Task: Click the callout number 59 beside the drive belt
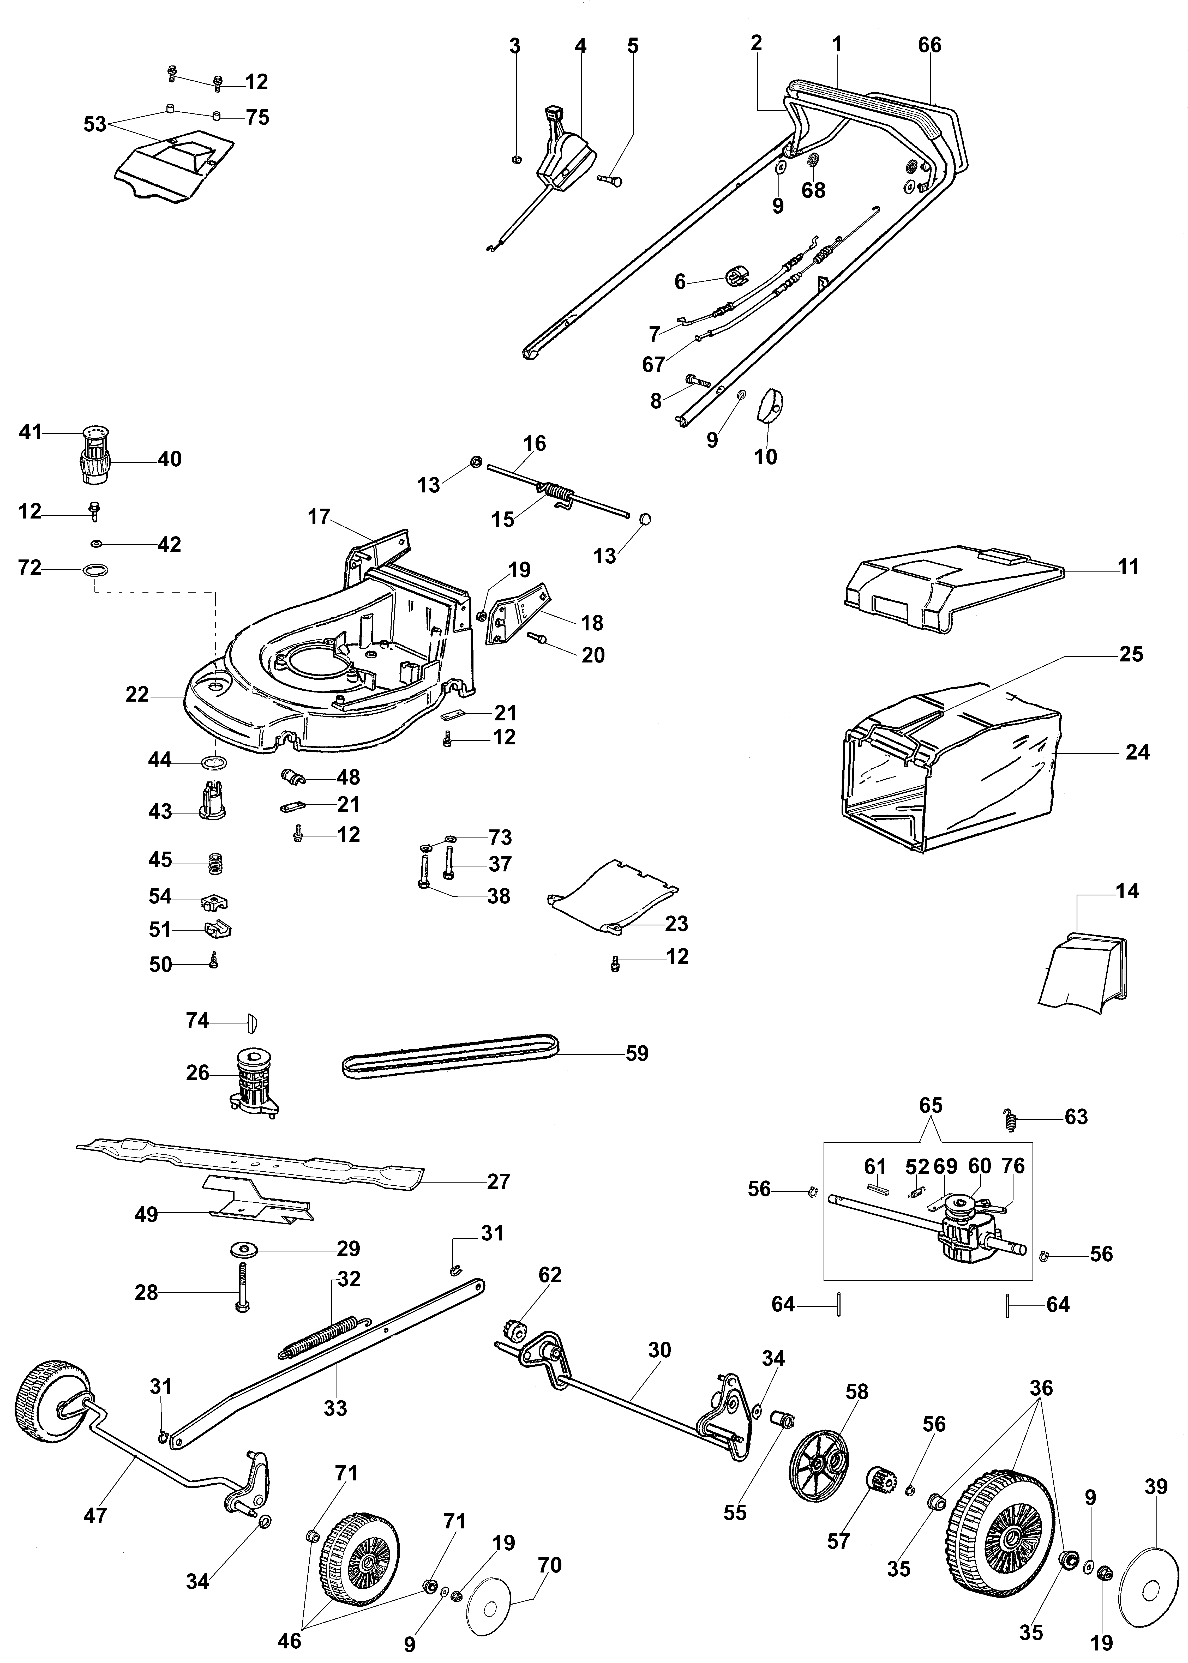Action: [637, 1054]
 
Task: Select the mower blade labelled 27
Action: [249, 1162]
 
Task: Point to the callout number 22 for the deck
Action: [137, 694]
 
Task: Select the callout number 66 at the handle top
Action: [930, 45]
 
